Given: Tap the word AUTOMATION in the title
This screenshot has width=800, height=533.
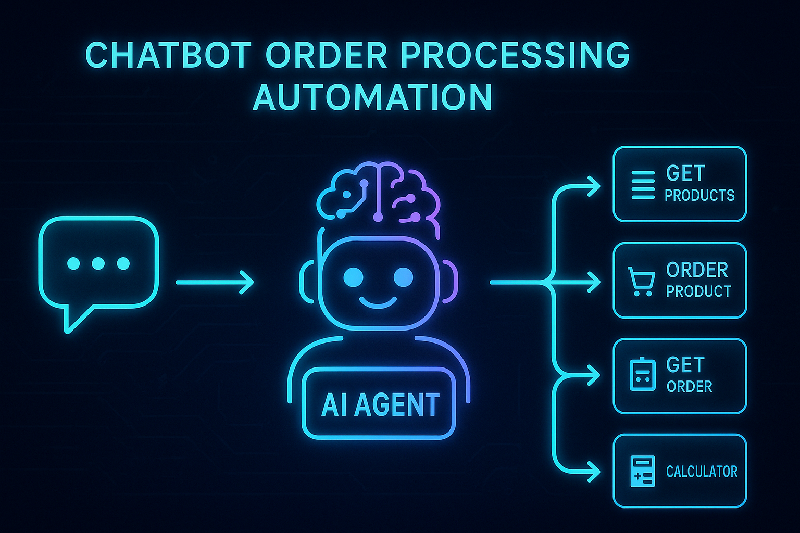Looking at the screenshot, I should (372, 97).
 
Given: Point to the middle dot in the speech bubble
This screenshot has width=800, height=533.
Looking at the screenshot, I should (98, 263).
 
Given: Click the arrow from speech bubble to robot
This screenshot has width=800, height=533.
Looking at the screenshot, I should (215, 282).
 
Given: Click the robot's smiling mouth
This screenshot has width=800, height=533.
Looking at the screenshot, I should (378, 302).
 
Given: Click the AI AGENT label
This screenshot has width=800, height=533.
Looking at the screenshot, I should (380, 404).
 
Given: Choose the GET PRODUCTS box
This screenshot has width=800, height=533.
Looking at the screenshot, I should (680, 184).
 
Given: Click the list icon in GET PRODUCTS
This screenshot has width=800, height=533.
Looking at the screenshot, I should (643, 185).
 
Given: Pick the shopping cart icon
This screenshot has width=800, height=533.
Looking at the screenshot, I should (641, 282).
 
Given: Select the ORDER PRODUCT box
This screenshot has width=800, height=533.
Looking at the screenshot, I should (680, 280).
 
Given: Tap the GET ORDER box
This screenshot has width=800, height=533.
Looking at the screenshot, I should (680, 376).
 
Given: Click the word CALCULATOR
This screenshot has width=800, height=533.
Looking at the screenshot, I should (702, 472).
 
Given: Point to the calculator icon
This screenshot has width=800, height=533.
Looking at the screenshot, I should (642, 472).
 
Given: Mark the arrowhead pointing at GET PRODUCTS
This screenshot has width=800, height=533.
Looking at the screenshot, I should (594, 186).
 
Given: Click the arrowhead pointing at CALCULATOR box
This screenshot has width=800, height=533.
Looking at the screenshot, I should (594, 472).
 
